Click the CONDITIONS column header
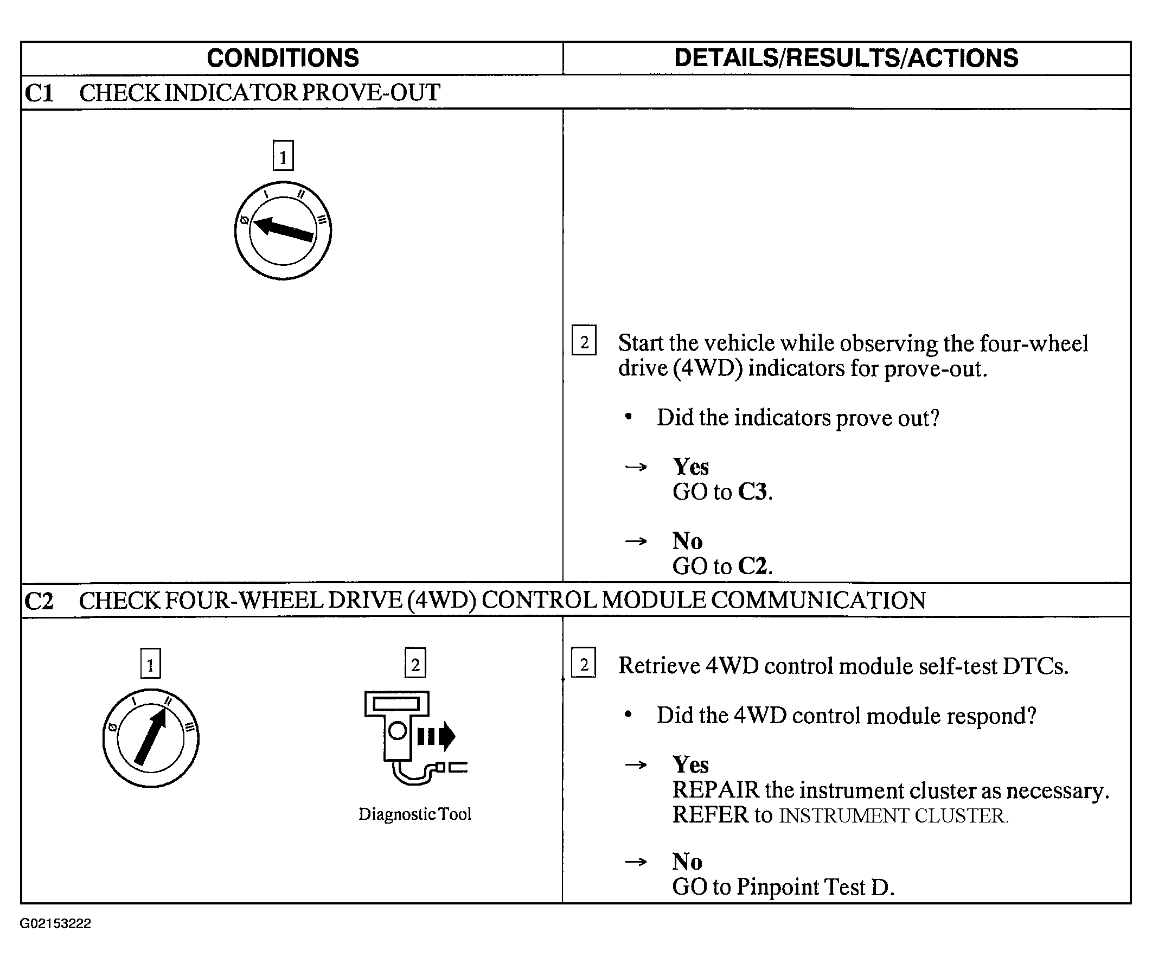coord(283,58)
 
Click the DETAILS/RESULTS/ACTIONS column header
coord(846,58)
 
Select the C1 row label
coord(39,93)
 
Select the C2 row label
coord(39,601)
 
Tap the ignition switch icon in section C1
coord(283,230)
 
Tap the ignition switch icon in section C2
coord(151,738)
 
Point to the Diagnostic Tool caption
coord(414,813)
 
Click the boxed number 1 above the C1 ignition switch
coord(283,156)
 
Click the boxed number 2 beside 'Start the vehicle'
coord(584,341)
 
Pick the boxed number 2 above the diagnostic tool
coord(415,664)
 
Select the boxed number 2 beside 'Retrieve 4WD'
coord(584,664)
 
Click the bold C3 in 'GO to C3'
coord(752,492)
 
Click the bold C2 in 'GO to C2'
coord(752,566)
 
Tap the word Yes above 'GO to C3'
coord(691,467)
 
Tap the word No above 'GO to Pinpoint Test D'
coord(687,862)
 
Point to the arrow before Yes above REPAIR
coord(636,764)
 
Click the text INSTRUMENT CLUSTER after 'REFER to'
coord(893,816)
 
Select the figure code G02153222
coord(55,923)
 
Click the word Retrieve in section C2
coord(658,666)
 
